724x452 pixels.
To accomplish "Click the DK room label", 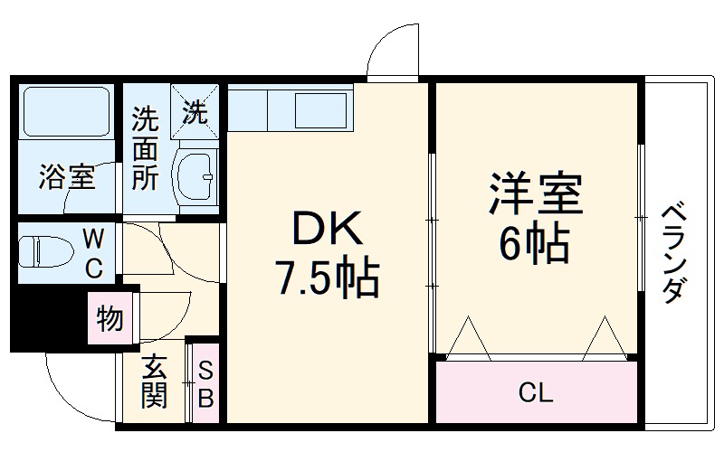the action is point(328,229).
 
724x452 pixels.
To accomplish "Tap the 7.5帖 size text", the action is point(328,278).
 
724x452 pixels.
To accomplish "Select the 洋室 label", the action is point(536,193).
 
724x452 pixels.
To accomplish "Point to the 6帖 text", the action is point(533,242).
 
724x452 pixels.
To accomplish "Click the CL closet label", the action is point(536,392).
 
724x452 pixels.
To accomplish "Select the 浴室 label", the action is point(67,176).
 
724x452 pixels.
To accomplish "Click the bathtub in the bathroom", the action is point(66,111).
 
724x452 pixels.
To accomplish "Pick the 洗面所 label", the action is point(146,148).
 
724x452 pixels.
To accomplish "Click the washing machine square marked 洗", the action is point(195,111).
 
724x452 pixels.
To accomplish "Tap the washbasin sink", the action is point(195,176).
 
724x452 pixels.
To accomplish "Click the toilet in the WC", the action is point(46,252).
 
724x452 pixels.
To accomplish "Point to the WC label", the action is point(94,254).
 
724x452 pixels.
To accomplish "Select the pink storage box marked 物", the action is point(110,318).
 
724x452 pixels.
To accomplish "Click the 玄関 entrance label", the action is point(154,381).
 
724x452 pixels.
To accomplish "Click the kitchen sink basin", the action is point(321,110).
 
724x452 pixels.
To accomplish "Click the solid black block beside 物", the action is point(50,318).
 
